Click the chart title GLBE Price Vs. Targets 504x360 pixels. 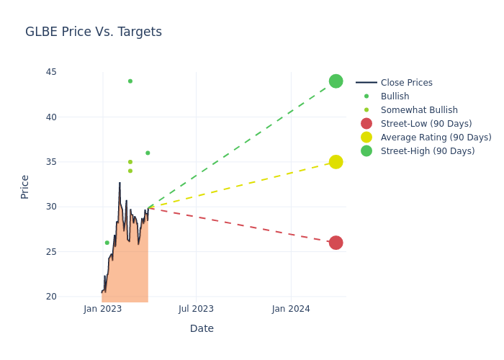click(x=94, y=32)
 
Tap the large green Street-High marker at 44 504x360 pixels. click(x=336, y=81)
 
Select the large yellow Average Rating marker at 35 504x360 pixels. click(x=336, y=162)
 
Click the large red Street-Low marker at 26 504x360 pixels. click(x=336, y=243)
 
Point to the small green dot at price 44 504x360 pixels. click(x=130, y=81)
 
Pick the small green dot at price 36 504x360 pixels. click(x=148, y=153)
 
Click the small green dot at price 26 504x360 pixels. click(x=107, y=243)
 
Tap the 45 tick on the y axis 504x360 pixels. click(x=50, y=72)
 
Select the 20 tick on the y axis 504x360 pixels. click(x=50, y=297)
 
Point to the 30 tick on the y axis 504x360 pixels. click(x=50, y=207)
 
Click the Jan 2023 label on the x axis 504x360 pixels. click(x=103, y=309)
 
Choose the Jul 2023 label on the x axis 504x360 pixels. click(x=196, y=309)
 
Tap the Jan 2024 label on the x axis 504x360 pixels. click(x=291, y=309)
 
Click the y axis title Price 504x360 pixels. click(x=25, y=186)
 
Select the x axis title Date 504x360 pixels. click(x=202, y=329)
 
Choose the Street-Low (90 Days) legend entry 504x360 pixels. click(x=426, y=124)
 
